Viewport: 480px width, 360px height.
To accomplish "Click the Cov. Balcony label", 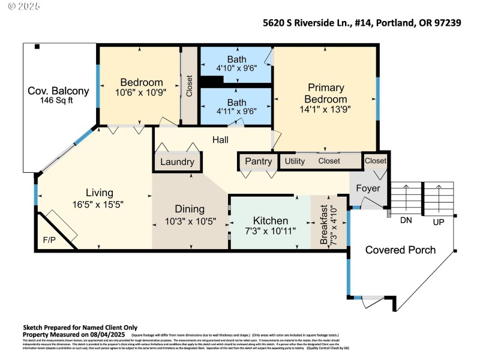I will tap(58, 91).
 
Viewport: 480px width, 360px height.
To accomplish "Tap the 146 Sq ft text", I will tap(58, 101).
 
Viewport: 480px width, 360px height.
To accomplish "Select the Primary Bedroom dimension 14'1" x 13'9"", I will tap(325, 109).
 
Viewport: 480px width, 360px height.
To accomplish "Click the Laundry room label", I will tap(178, 162).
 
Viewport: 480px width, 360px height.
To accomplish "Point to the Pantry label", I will tap(259, 161).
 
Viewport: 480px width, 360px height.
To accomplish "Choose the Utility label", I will tap(295, 161).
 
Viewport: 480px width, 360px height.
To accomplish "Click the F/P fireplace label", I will tap(49, 239).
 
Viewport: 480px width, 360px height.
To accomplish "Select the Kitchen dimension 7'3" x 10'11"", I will tap(270, 230).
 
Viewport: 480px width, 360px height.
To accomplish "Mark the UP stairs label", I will tap(439, 221).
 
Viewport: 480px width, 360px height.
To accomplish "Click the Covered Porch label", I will tap(400, 250).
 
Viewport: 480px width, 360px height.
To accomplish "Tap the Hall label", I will tap(220, 140).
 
